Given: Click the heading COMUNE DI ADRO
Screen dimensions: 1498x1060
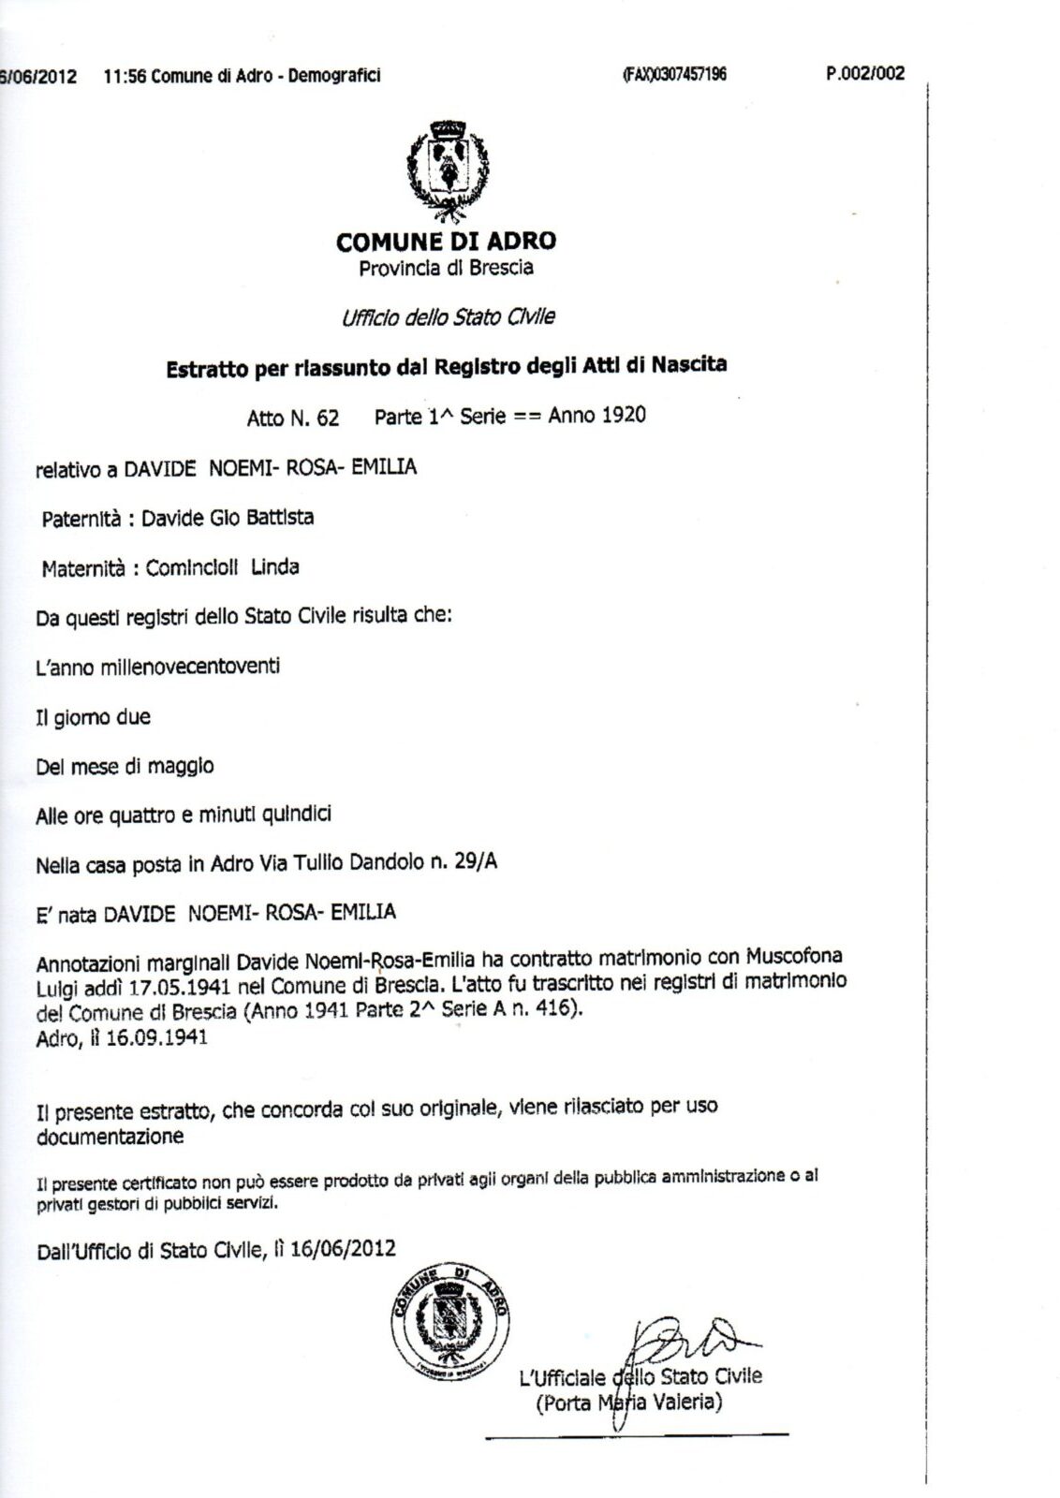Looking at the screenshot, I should (x=446, y=242).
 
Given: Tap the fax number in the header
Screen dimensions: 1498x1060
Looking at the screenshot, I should (x=674, y=75).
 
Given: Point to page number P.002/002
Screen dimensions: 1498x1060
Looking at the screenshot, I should (x=865, y=74).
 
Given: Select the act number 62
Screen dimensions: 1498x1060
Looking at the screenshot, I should (x=327, y=419).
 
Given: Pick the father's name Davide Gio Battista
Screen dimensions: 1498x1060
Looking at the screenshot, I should (x=228, y=518).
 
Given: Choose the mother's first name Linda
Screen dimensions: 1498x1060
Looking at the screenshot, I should (x=275, y=566).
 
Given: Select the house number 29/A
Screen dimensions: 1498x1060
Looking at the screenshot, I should (x=476, y=861).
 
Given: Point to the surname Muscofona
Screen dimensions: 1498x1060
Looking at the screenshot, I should (x=794, y=956).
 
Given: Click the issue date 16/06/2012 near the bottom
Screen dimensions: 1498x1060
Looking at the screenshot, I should (x=343, y=1248).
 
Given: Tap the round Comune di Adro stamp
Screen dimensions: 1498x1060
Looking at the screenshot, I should (x=450, y=1321).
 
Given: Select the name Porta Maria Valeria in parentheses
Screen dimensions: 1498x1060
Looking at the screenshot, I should (x=628, y=1403).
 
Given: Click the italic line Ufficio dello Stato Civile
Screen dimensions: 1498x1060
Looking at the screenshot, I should (x=448, y=317).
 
